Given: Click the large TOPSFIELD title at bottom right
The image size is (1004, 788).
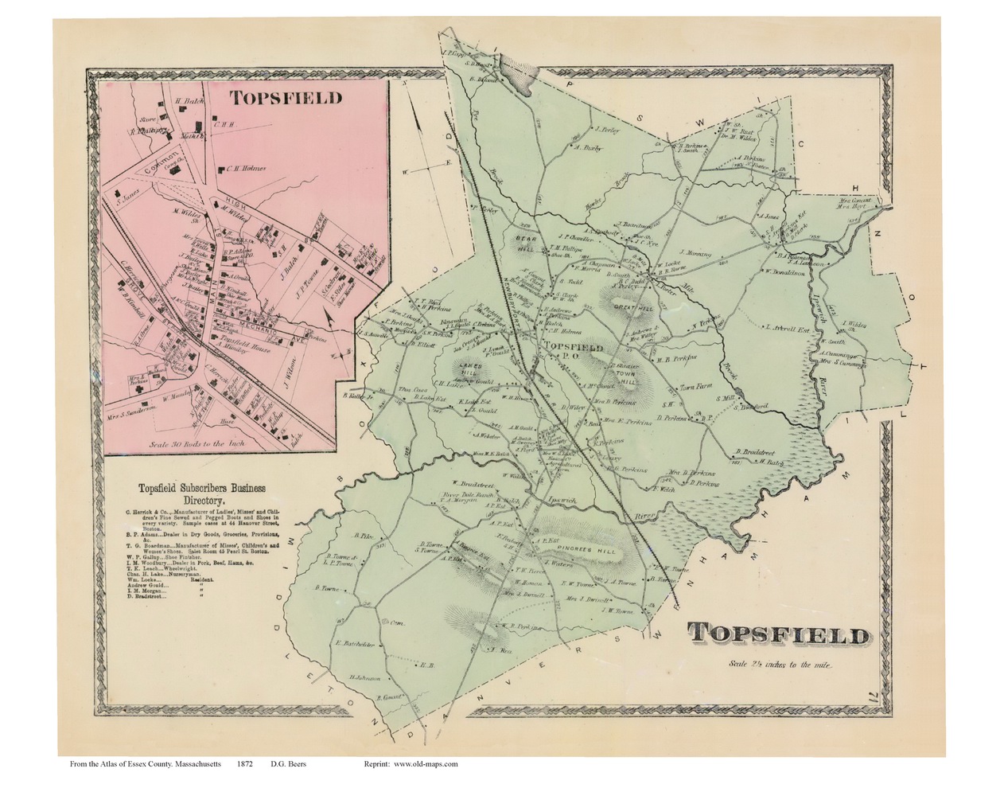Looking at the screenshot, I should pyautogui.click(x=777, y=634).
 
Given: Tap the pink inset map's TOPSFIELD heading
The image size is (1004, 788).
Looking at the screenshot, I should pyautogui.click(x=286, y=97).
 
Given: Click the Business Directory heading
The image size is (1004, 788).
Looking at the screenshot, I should pyautogui.click(x=203, y=493).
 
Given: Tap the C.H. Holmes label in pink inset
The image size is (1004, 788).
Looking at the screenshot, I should pyautogui.click(x=244, y=168).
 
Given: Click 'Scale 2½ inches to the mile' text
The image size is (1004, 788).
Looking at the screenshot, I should pyautogui.click(x=778, y=664).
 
